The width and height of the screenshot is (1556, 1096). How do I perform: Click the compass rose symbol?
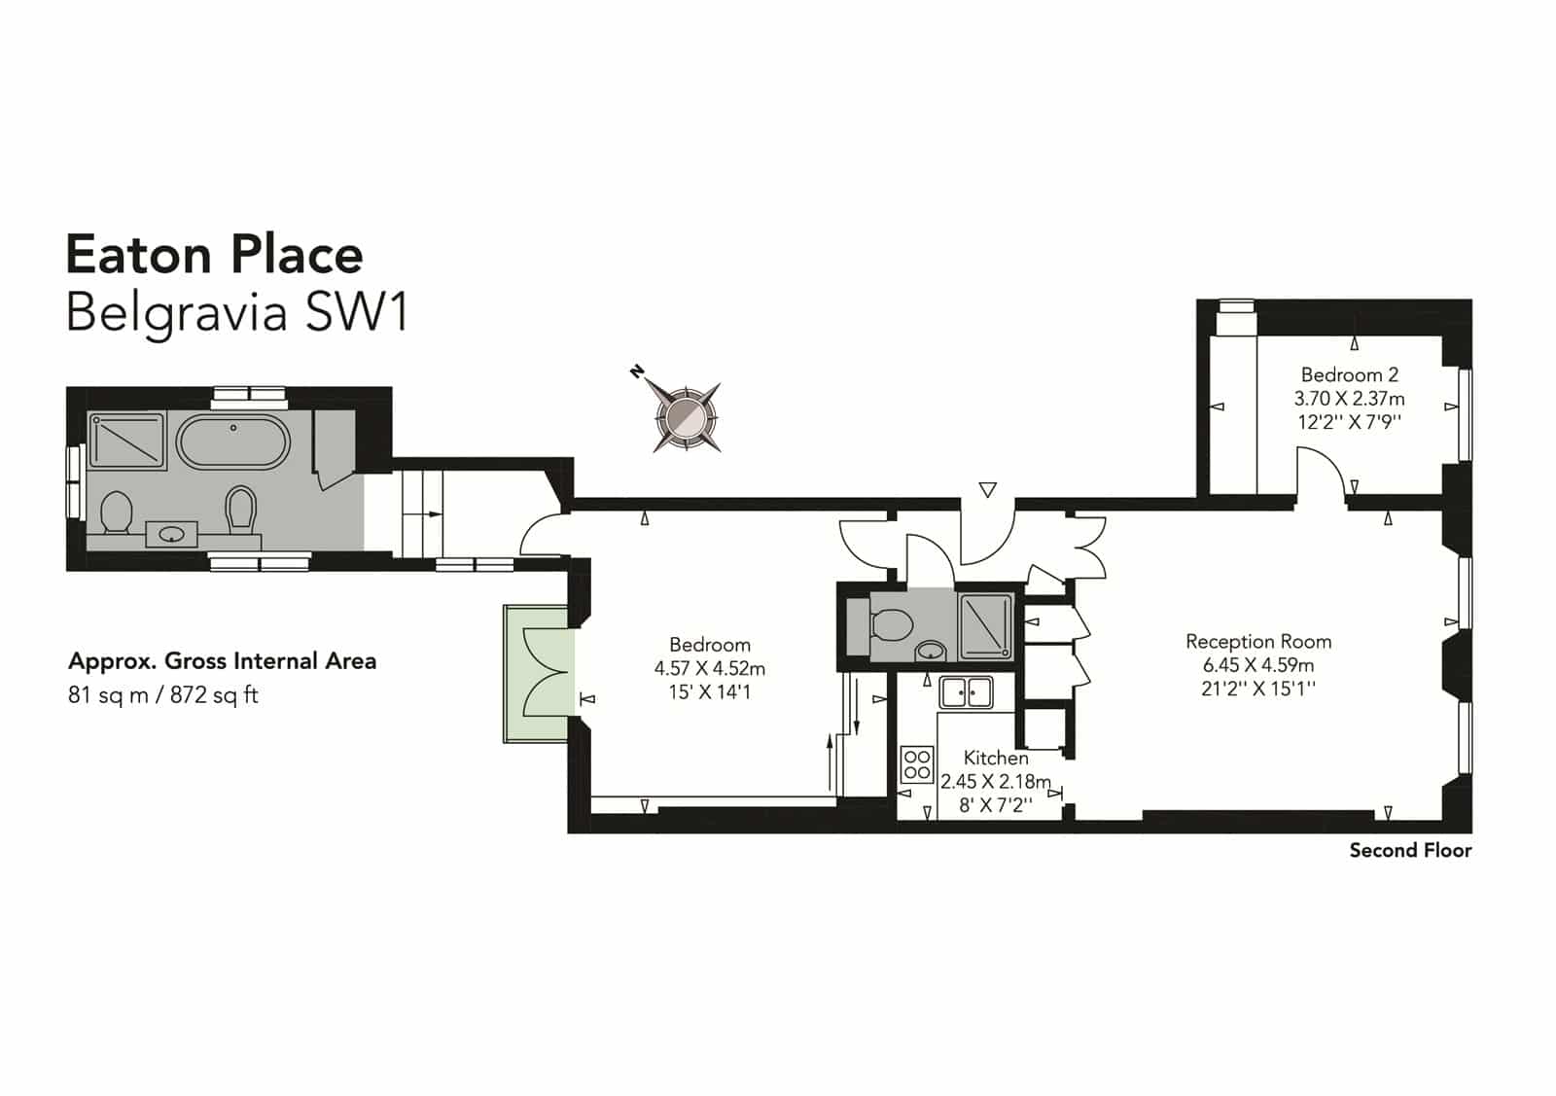pos(686,417)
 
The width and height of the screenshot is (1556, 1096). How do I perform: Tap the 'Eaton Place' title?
pos(215,255)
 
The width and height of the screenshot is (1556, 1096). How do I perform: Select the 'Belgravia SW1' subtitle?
pos(237,313)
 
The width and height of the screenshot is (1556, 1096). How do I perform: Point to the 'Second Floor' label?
pos(1410,850)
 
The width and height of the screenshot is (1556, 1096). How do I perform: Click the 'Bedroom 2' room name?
pos(1349,375)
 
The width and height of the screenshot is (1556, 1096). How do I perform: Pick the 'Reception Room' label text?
pos(1258,641)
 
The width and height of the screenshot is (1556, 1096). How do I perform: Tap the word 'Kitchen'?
pos(996,758)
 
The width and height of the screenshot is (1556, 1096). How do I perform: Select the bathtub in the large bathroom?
pos(233,443)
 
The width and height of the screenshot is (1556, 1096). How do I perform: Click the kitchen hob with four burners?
pos(917,764)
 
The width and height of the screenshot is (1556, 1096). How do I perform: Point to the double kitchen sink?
pos(966,692)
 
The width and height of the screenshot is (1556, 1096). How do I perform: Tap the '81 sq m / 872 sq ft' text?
pos(163,695)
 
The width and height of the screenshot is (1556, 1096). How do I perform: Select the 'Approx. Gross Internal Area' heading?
pos(223,661)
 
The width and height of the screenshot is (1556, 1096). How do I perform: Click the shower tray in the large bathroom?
pos(126,440)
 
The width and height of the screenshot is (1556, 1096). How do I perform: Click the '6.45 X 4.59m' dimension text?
pos(1258,664)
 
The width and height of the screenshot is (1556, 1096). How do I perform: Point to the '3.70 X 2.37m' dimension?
pos(1349,399)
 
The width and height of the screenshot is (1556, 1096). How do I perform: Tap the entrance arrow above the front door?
pos(987,490)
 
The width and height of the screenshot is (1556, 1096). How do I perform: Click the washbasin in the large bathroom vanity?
pos(171,534)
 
